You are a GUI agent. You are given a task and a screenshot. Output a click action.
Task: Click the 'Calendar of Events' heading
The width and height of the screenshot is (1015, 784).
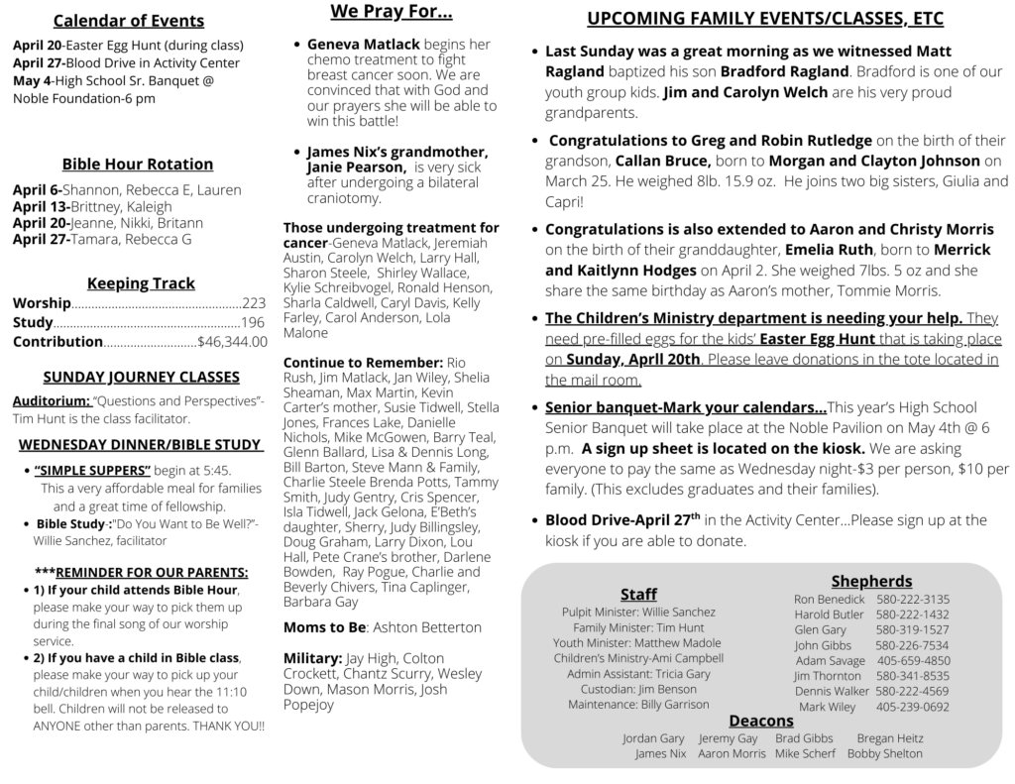pos(128,21)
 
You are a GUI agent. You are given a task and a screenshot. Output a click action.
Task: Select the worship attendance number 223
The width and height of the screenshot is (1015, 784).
pos(254,303)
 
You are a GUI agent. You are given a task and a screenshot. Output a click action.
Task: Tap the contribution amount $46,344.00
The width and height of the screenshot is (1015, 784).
pos(232,342)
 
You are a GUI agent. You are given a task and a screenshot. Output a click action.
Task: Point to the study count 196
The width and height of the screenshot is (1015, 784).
pos(253,323)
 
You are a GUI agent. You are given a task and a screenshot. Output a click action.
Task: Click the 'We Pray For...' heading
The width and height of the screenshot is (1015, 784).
pos(392,13)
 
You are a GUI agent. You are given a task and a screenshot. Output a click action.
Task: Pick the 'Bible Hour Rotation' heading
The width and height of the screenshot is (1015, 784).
pos(137,165)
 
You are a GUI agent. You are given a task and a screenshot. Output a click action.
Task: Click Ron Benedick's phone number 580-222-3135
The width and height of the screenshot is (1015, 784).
pos(912,599)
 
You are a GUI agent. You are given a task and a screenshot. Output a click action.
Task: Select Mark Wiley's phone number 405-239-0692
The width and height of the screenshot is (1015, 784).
pos(912,707)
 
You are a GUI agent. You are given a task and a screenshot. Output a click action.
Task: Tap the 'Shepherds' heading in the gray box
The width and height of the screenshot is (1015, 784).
pos(871,581)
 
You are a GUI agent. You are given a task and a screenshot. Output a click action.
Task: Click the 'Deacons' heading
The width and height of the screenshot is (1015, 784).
pos(761,721)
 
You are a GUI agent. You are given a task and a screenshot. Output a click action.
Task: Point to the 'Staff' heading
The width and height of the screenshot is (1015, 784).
pos(638,594)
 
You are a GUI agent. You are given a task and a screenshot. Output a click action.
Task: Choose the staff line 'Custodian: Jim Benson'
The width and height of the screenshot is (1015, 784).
pos(638,689)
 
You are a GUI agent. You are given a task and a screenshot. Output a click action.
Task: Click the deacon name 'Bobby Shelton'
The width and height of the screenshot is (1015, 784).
pos(884,754)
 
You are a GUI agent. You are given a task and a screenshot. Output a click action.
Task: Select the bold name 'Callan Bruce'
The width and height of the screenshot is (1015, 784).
pos(662,161)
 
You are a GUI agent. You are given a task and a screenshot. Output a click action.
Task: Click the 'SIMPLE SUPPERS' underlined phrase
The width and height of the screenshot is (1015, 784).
pos(92,470)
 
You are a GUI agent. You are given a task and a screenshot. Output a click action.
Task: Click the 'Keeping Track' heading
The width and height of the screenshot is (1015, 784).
pos(141,283)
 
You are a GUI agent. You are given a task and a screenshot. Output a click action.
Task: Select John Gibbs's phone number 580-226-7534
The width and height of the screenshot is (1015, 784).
pos(912,645)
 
